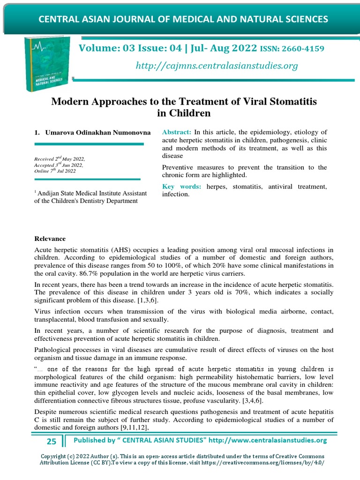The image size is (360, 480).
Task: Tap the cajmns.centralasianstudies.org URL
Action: coord(217,66)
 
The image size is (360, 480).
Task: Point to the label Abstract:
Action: coord(177,132)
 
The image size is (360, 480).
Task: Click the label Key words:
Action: coord(181,187)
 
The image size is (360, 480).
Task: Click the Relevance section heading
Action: coord(50,239)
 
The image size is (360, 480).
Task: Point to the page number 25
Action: coord(51,441)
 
